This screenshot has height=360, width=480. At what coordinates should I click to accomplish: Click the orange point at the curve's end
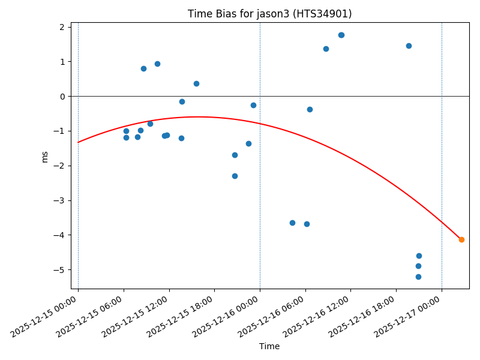click(461, 239)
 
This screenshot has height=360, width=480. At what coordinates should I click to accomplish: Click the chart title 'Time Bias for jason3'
click(269, 14)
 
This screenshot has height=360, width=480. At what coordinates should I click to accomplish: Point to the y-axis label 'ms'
click(44, 156)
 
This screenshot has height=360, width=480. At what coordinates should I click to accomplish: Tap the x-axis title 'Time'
click(269, 346)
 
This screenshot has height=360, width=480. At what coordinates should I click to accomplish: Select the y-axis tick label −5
click(60, 270)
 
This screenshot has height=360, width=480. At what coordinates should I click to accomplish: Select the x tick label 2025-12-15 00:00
click(53, 317)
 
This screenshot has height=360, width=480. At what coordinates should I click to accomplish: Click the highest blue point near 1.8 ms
click(341, 35)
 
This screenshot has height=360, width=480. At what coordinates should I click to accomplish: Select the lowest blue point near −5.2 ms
click(418, 277)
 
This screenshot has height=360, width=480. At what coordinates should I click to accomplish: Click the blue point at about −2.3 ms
click(235, 176)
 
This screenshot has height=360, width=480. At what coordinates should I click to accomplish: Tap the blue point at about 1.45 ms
click(409, 46)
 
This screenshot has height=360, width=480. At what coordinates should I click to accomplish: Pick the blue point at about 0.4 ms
click(196, 83)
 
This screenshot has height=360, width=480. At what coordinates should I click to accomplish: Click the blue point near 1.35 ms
click(326, 49)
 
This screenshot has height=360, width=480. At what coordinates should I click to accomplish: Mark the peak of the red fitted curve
click(198, 116)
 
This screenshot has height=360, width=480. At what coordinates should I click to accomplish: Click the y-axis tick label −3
click(60, 200)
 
